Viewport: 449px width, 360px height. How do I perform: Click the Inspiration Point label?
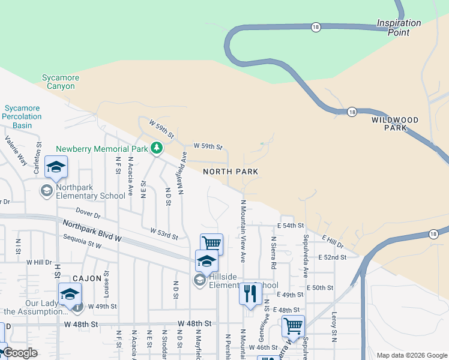pyautogui.click(x=399, y=28)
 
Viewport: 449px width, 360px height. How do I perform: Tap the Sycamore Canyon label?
pyautogui.click(x=58, y=82)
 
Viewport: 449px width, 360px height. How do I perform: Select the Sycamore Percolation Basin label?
pyautogui.click(x=22, y=117)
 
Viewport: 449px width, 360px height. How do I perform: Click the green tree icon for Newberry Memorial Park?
pyautogui.click(x=156, y=148)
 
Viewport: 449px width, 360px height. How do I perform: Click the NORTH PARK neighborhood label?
pyautogui.click(x=231, y=172)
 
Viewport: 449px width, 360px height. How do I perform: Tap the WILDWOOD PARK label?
pyautogui.click(x=394, y=124)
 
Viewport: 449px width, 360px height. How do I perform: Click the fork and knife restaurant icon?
pyautogui.click(x=249, y=293)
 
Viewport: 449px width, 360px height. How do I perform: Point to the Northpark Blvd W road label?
pyautogui.click(x=92, y=230)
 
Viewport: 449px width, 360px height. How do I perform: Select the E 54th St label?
pyautogui.click(x=291, y=226)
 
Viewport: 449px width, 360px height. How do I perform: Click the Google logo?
pyautogui.click(x=20, y=353)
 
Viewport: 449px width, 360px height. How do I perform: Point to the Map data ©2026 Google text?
pyautogui.click(x=411, y=355)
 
